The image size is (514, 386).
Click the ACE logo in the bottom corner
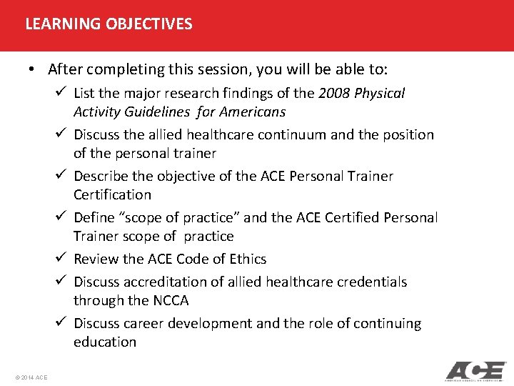[475, 371]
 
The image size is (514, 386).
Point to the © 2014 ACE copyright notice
[30, 377]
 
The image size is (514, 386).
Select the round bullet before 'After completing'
[33, 69]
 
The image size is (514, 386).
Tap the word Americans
[254, 112]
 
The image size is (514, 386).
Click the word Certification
[112, 194]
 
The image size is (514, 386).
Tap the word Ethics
[246, 259]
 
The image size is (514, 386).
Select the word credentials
[371, 282]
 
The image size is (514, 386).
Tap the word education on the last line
[104, 342]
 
